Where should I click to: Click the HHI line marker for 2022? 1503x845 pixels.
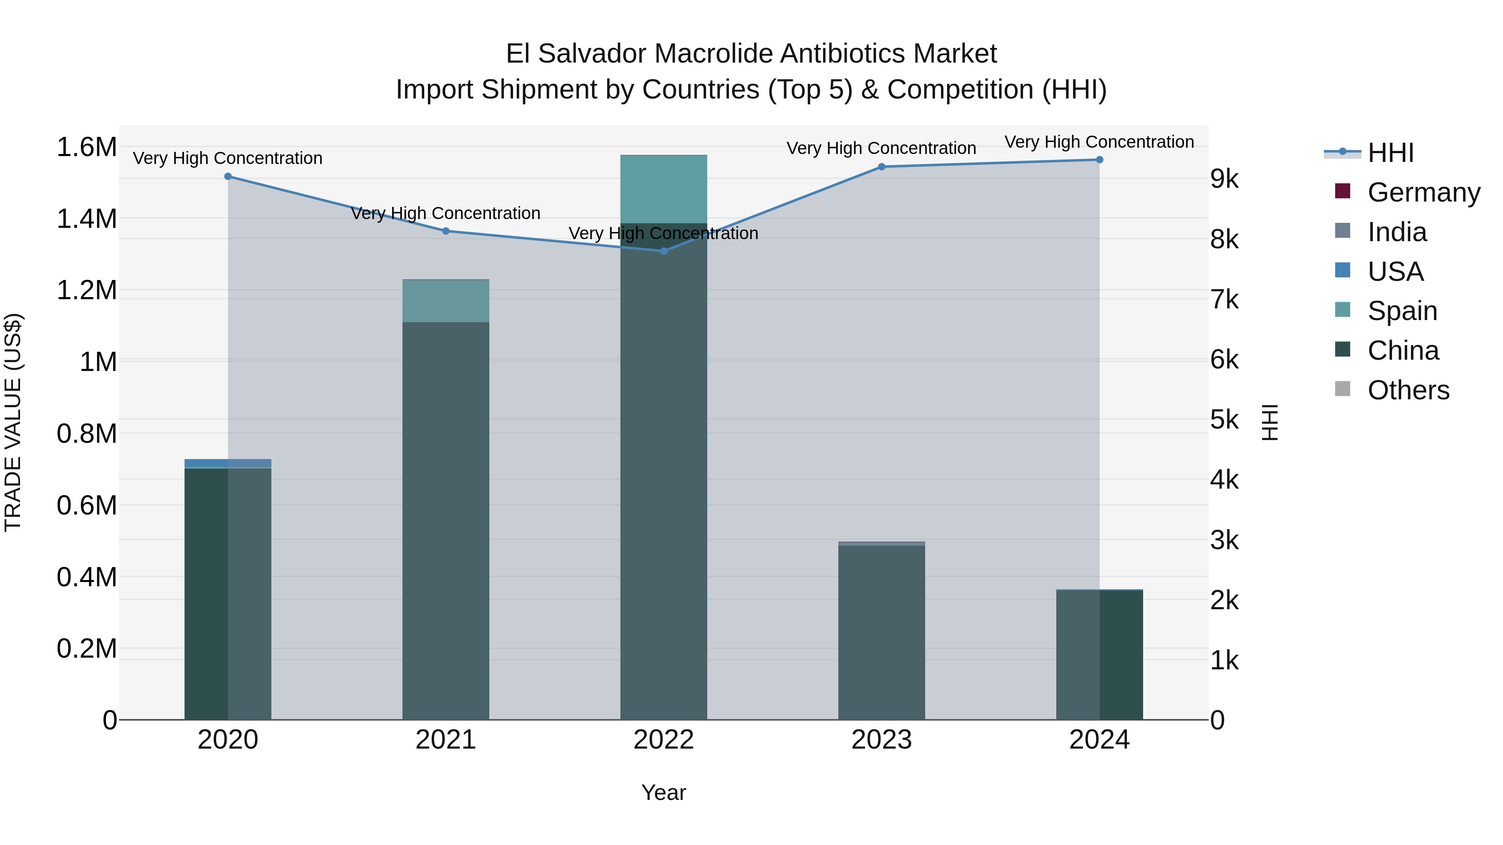tap(663, 251)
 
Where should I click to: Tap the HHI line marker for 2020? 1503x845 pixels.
tap(228, 176)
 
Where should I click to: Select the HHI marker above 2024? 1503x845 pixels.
tap(1099, 160)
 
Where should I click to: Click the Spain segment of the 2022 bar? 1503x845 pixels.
tap(663, 189)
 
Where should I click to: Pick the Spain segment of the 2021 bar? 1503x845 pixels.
tap(446, 301)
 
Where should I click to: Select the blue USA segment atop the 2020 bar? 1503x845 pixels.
tap(228, 463)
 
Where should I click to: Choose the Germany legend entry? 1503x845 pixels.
tap(1424, 192)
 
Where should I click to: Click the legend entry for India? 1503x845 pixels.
tap(1397, 232)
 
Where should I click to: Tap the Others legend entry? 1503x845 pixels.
tap(1408, 390)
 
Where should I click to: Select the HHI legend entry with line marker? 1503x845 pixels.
tap(1390, 153)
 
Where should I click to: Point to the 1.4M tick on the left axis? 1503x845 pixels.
tap(86, 219)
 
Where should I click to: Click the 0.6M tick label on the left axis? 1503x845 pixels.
tap(86, 506)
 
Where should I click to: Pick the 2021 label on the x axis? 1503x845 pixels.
tap(446, 740)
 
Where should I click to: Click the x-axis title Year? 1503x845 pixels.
tap(663, 792)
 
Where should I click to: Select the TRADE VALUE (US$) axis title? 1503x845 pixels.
tap(13, 422)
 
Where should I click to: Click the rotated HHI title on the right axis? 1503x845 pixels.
tap(1270, 422)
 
